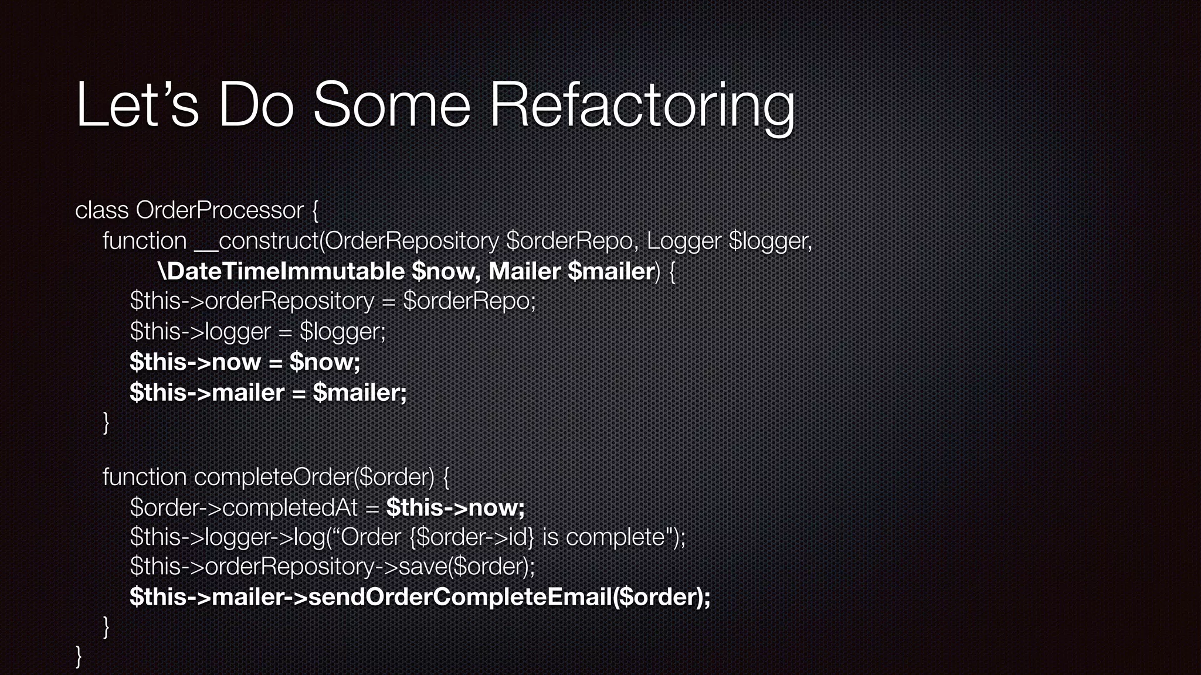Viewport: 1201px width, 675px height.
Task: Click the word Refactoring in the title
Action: [x=642, y=105]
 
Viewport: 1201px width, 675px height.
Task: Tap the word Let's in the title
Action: [x=137, y=105]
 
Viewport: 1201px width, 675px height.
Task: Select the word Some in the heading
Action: [x=391, y=105]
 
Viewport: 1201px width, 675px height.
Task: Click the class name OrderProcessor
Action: [x=220, y=210]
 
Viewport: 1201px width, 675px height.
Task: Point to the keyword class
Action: [x=101, y=210]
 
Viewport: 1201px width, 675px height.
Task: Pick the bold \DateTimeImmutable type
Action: [x=281, y=271]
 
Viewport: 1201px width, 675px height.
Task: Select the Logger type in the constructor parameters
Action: [x=684, y=241]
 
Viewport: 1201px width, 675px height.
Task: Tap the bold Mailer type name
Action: [x=524, y=271]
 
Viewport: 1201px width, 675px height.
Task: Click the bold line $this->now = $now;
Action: [x=245, y=362]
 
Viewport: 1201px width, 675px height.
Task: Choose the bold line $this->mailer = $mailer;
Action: [x=268, y=392]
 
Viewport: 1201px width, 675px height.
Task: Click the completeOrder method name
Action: [x=273, y=477]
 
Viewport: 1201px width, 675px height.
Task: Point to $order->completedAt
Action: [x=243, y=507]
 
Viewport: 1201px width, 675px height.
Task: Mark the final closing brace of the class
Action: [x=79, y=656]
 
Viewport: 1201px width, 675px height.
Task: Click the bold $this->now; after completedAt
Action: [x=455, y=507]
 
